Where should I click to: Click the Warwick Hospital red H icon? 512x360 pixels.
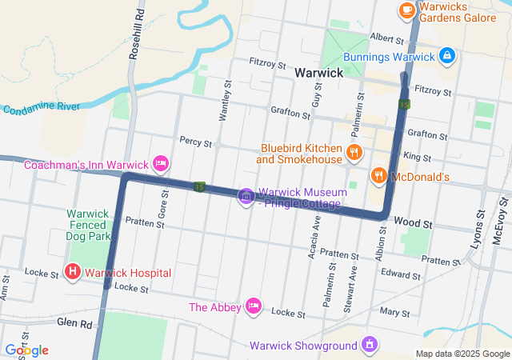click(73, 273)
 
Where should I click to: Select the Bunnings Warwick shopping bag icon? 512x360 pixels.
click(447, 57)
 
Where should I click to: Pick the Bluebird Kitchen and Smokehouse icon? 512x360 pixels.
click(352, 152)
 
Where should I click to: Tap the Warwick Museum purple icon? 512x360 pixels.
click(246, 196)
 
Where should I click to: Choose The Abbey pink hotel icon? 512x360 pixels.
click(254, 306)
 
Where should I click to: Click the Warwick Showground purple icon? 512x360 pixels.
click(369, 346)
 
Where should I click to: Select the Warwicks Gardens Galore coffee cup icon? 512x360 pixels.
click(406, 10)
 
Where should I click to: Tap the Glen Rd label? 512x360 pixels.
click(74, 323)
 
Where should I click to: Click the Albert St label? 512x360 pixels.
click(386, 38)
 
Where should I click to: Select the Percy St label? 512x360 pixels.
click(195, 143)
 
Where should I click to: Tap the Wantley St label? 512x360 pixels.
click(225, 100)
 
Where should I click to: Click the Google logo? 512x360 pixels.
click(26, 350)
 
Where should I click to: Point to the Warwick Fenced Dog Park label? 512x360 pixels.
click(88, 226)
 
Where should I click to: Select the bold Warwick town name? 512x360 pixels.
click(318, 73)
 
